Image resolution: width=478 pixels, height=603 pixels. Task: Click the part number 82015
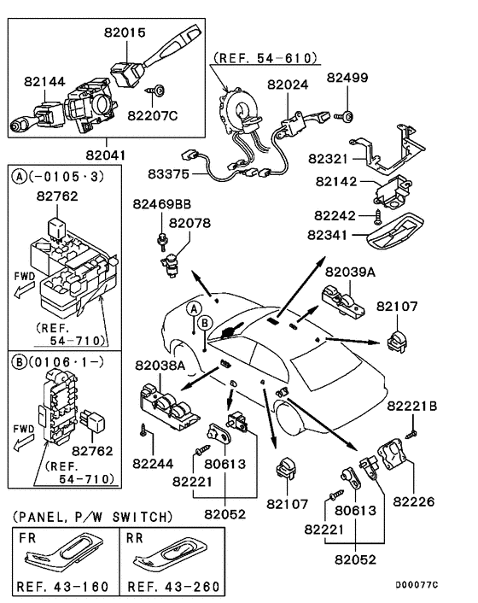point(125,32)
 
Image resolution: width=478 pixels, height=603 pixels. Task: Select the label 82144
point(44,81)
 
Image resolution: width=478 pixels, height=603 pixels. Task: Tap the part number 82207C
point(153,115)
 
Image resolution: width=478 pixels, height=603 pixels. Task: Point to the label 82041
point(106,155)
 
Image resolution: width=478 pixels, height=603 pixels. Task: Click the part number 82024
point(288,85)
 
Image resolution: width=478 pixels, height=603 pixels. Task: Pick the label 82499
point(347,78)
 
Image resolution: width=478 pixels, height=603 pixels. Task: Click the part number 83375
point(169,174)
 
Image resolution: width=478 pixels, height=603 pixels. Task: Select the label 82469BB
point(162,204)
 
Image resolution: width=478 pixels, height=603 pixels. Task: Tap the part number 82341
point(328,235)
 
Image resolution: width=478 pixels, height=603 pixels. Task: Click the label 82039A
point(351,272)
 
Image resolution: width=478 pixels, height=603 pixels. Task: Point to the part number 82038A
point(160,366)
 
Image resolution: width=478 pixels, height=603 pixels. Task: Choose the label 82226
point(414,501)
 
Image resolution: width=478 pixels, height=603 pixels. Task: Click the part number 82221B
point(412,406)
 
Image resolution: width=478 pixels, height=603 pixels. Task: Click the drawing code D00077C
point(417,585)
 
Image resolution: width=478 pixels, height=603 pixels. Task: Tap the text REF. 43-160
point(62,587)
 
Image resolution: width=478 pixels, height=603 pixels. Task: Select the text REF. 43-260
point(173,587)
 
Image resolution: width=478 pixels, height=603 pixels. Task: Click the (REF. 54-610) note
point(265,58)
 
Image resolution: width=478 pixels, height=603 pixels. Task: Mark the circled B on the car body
point(204,323)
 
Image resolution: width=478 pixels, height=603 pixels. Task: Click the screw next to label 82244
point(143,430)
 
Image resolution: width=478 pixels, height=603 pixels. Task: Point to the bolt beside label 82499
point(344,116)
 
